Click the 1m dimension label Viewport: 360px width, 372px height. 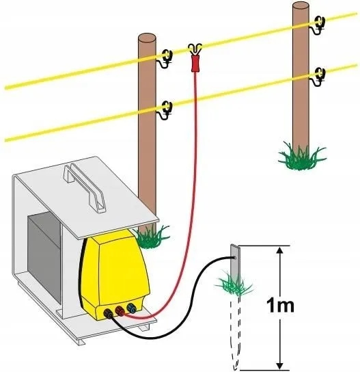280,306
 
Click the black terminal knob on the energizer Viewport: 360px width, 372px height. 109,313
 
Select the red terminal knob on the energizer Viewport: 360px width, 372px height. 120,310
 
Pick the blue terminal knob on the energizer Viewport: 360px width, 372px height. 131,308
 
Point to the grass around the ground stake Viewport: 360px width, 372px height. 234,284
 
